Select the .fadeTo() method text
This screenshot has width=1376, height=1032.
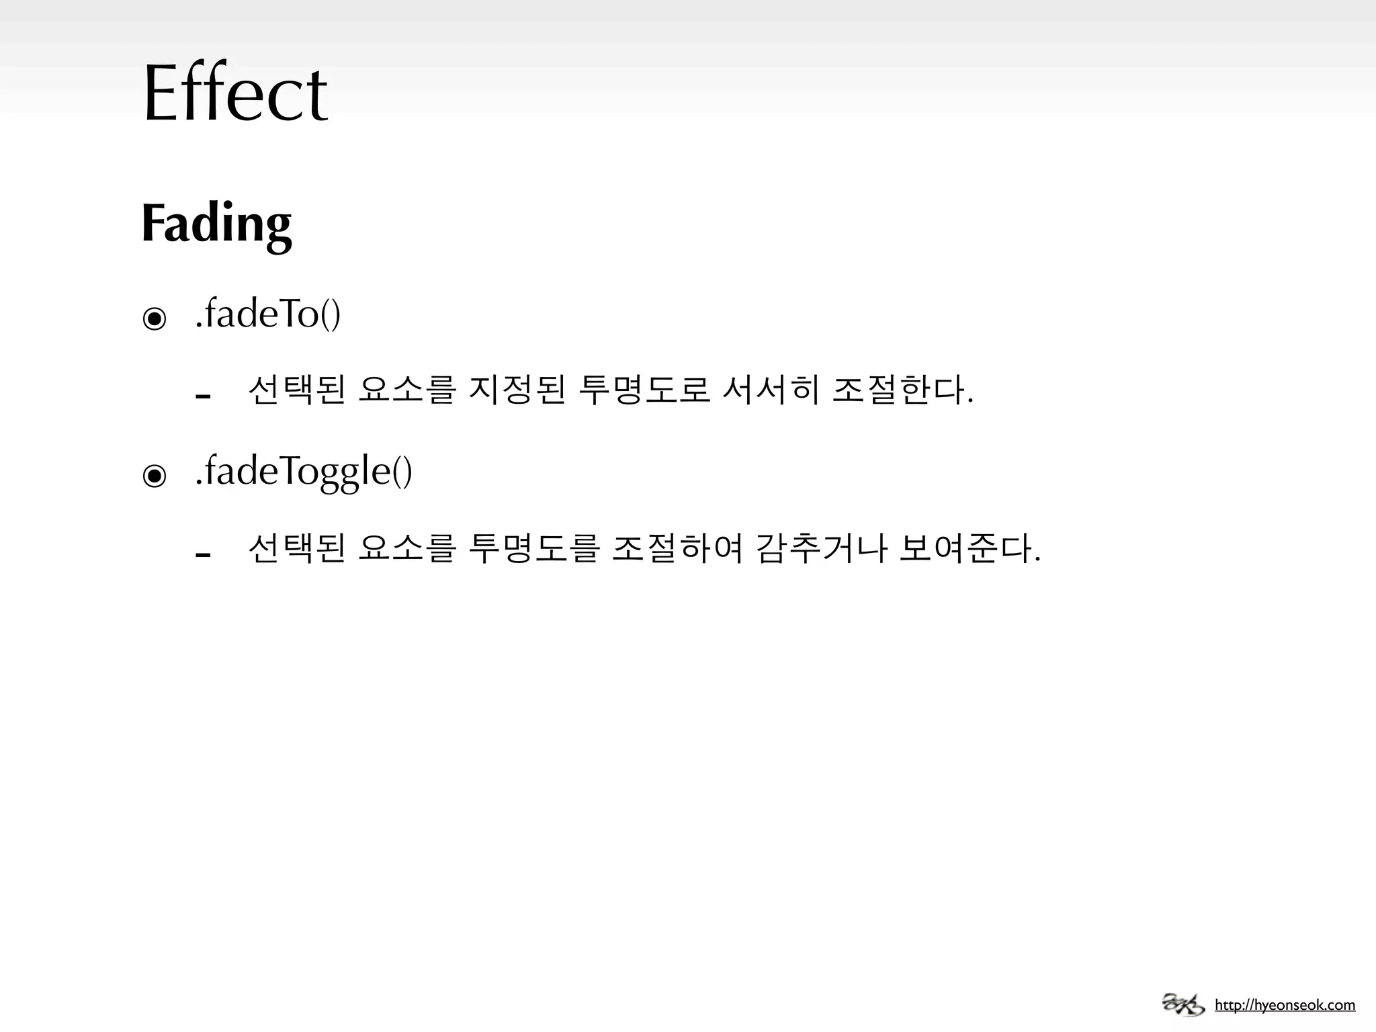267,314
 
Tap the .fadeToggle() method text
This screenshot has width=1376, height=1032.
303,471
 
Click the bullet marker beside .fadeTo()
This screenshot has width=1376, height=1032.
155,318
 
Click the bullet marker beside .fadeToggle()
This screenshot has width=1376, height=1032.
155,476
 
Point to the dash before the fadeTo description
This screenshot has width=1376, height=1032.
203,396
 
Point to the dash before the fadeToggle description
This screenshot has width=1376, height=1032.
203,554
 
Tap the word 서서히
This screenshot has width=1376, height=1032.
770,390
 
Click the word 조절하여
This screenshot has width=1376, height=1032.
677,548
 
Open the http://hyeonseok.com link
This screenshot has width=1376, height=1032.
1285,1006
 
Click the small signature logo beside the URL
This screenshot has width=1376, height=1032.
1183,1004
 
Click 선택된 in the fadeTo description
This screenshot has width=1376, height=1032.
296,390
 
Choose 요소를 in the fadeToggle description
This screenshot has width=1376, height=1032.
407,548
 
